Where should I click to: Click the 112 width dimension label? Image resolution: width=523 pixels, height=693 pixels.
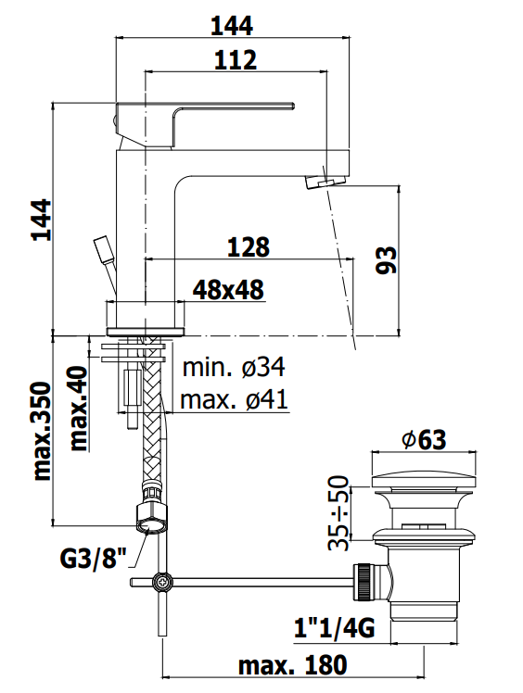[x=236, y=60]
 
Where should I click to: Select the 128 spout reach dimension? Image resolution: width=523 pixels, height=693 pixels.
[x=249, y=247]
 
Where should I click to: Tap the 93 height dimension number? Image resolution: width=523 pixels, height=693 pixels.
[x=387, y=260]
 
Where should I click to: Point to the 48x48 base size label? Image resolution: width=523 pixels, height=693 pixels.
[x=228, y=290]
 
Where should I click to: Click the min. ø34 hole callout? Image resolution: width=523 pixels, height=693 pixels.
[x=234, y=367]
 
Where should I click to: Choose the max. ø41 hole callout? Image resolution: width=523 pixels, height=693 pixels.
[x=234, y=399]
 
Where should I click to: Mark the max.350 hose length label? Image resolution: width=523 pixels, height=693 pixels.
[x=43, y=432]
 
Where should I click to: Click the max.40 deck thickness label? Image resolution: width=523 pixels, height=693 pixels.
[x=80, y=408]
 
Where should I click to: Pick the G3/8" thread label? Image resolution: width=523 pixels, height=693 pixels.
[x=94, y=559]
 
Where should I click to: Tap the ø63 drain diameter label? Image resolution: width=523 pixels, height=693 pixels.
[x=424, y=439]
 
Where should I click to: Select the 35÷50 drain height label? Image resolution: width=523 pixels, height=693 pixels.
[x=339, y=513]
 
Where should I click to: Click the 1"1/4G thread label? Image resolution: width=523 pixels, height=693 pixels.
[x=335, y=627]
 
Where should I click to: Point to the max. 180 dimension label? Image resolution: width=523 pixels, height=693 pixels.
[x=292, y=665]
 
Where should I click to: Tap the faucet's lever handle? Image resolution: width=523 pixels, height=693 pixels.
[x=204, y=125]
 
